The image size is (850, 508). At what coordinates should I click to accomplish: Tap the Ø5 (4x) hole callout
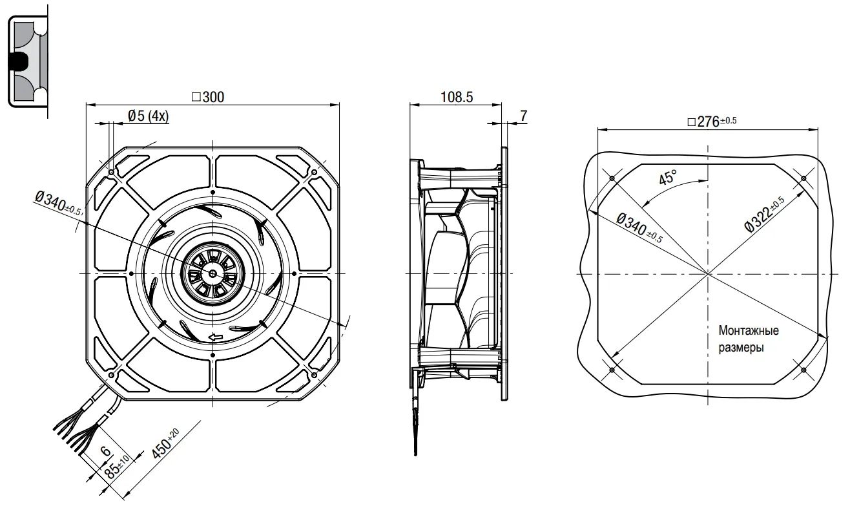148,116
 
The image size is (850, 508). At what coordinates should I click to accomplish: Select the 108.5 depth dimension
456,97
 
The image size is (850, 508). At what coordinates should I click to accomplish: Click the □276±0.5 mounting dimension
712,121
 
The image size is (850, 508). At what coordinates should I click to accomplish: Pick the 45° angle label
668,177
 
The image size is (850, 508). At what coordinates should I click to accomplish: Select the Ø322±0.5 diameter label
765,213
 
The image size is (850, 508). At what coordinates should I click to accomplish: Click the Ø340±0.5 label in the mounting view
639,228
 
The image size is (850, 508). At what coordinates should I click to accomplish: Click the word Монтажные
749,331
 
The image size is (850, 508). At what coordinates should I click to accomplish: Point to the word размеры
741,348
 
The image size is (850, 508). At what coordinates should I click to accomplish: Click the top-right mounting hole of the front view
314,173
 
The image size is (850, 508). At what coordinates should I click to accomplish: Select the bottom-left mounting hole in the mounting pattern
611,370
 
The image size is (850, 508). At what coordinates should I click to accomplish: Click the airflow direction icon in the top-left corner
25,61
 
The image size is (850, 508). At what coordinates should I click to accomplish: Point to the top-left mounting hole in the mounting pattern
611,178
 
